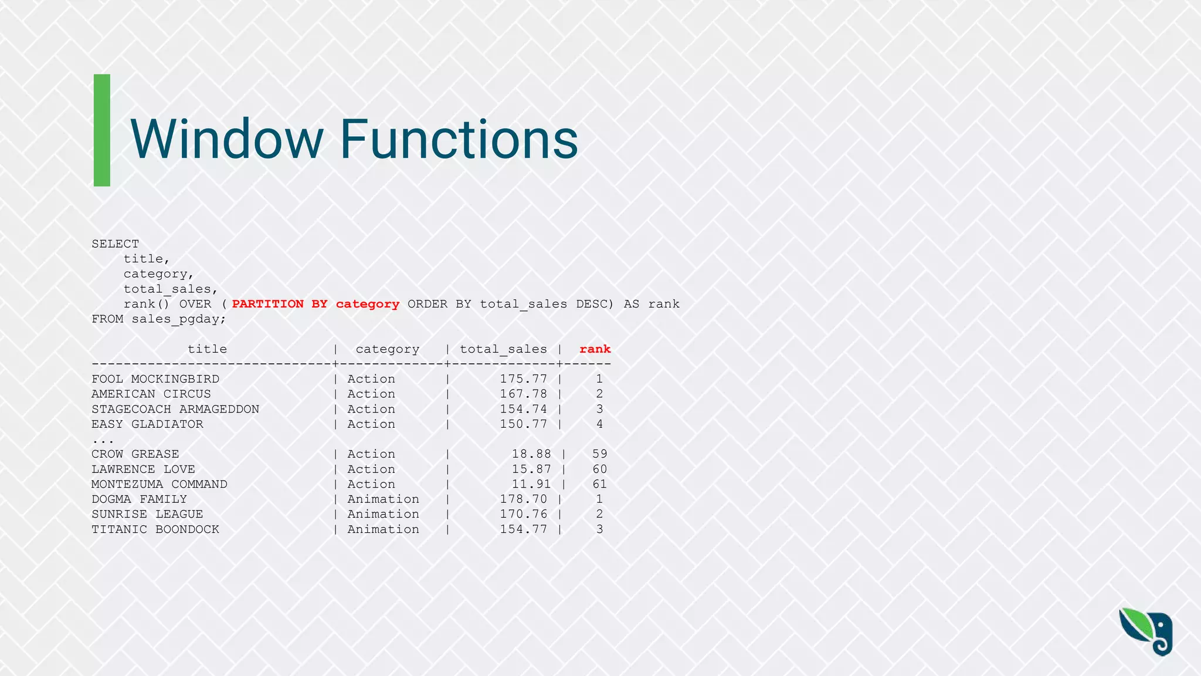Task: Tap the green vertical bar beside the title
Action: pyautogui.click(x=102, y=130)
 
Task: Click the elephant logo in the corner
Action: pyautogui.click(x=1146, y=631)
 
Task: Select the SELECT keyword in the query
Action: pyautogui.click(x=116, y=244)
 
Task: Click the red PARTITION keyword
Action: pyautogui.click(x=268, y=304)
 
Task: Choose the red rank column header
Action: pyautogui.click(x=595, y=349)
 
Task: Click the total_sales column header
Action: pyautogui.click(x=503, y=349)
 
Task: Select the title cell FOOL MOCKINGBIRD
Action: pyautogui.click(x=155, y=379)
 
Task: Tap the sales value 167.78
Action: pyautogui.click(x=523, y=394)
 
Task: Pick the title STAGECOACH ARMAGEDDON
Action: pyautogui.click(x=175, y=409)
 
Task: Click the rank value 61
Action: pyautogui.click(x=599, y=484)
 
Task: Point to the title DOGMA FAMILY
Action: pyautogui.click(x=139, y=499)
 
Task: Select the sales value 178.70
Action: pyautogui.click(x=523, y=499)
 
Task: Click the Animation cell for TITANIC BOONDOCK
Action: pyautogui.click(x=383, y=529)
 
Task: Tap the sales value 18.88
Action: pyautogui.click(x=531, y=454)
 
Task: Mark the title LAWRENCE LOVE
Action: pyautogui.click(x=143, y=469)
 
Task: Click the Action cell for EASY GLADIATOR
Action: pyautogui.click(x=371, y=424)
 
